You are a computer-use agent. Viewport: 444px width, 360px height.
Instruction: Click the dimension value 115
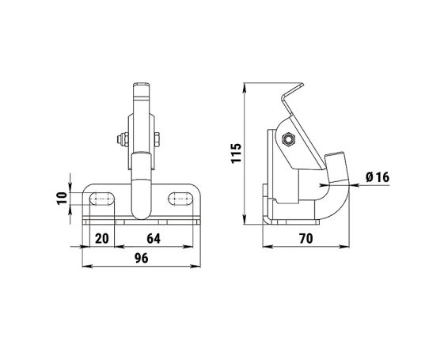[x=236, y=153]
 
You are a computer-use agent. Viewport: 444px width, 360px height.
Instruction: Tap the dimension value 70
[x=306, y=239]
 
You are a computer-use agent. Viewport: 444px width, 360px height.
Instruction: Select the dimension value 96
[x=142, y=258]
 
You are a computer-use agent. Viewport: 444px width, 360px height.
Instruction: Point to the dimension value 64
[x=154, y=239]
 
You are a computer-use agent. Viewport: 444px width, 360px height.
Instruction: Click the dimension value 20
[x=102, y=239]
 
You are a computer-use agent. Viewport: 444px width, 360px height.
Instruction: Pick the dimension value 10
[x=62, y=198]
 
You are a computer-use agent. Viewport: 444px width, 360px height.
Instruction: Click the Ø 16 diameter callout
[x=378, y=177]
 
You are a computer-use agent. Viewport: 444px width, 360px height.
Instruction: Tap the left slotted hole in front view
[x=102, y=199]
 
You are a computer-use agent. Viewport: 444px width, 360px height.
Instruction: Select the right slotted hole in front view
[x=180, y=199]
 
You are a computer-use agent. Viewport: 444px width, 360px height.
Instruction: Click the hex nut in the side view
[x=289, y=139]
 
